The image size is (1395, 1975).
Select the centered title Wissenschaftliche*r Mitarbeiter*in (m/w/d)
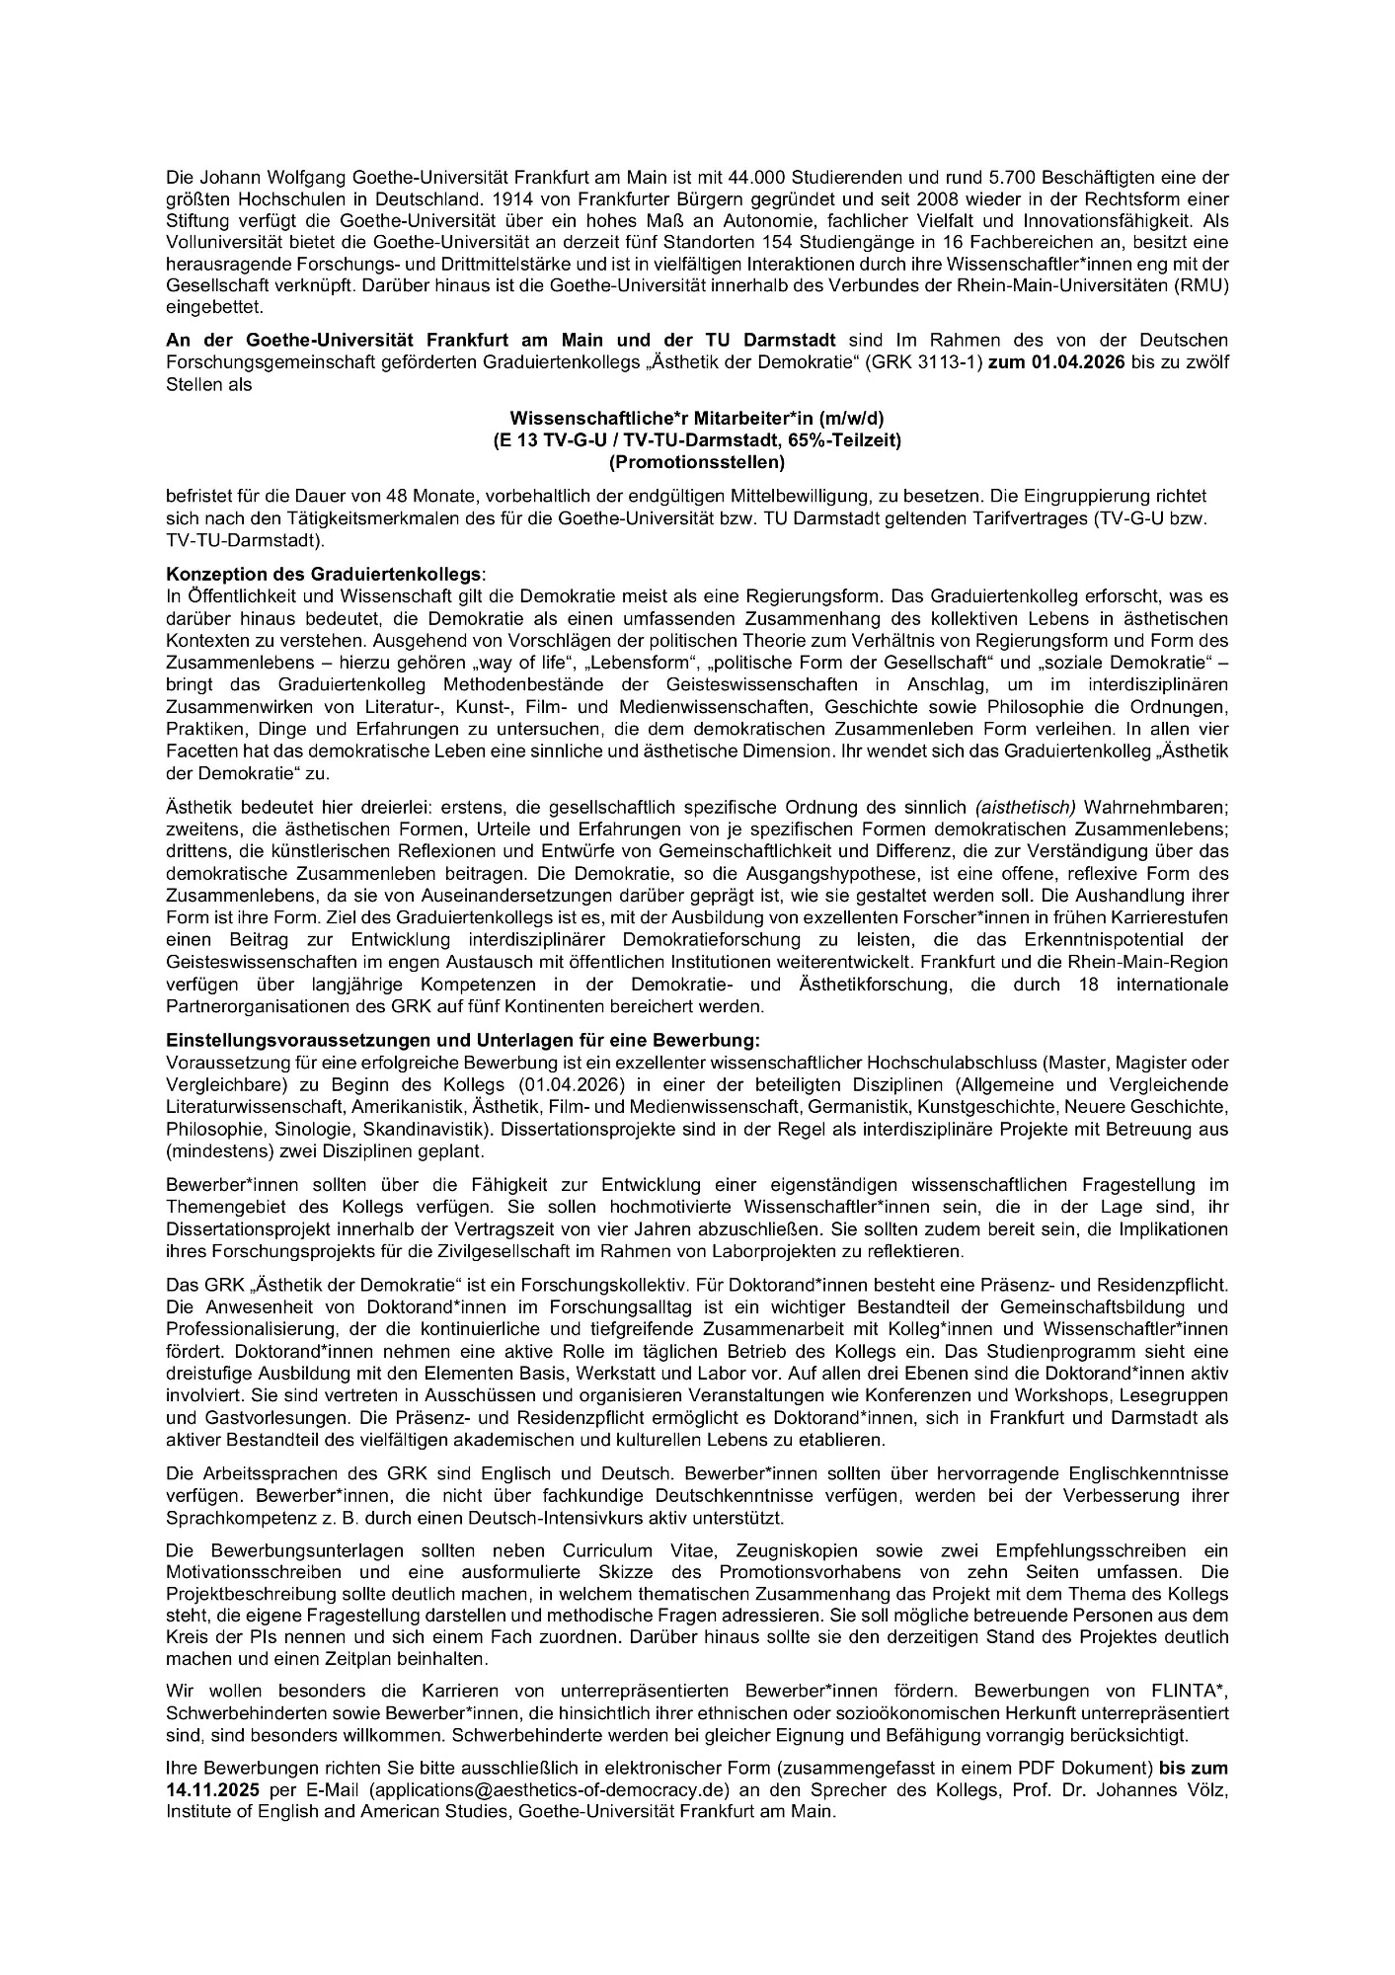point(697,419)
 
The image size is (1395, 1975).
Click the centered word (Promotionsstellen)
point(697,461)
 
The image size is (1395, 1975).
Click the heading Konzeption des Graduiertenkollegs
point(326,574)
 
